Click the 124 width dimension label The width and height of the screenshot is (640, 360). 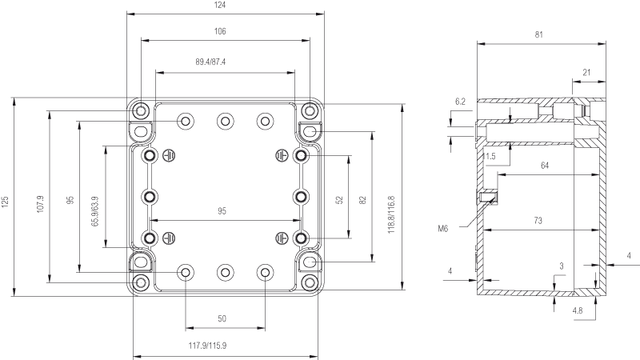(219, 5)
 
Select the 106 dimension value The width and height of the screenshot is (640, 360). (220, 31)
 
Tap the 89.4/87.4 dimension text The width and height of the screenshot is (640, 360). (210, 62)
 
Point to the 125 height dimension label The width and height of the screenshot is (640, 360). (5, 202)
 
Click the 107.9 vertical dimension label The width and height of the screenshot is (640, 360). (40, 204)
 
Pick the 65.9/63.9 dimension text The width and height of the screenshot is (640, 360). (95, 211)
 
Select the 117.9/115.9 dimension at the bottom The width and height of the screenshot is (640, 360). (207, 346)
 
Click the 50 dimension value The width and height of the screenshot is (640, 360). (222, 318)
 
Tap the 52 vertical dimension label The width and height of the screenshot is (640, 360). (339, 200)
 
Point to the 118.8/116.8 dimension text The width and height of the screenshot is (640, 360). (391, 214)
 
